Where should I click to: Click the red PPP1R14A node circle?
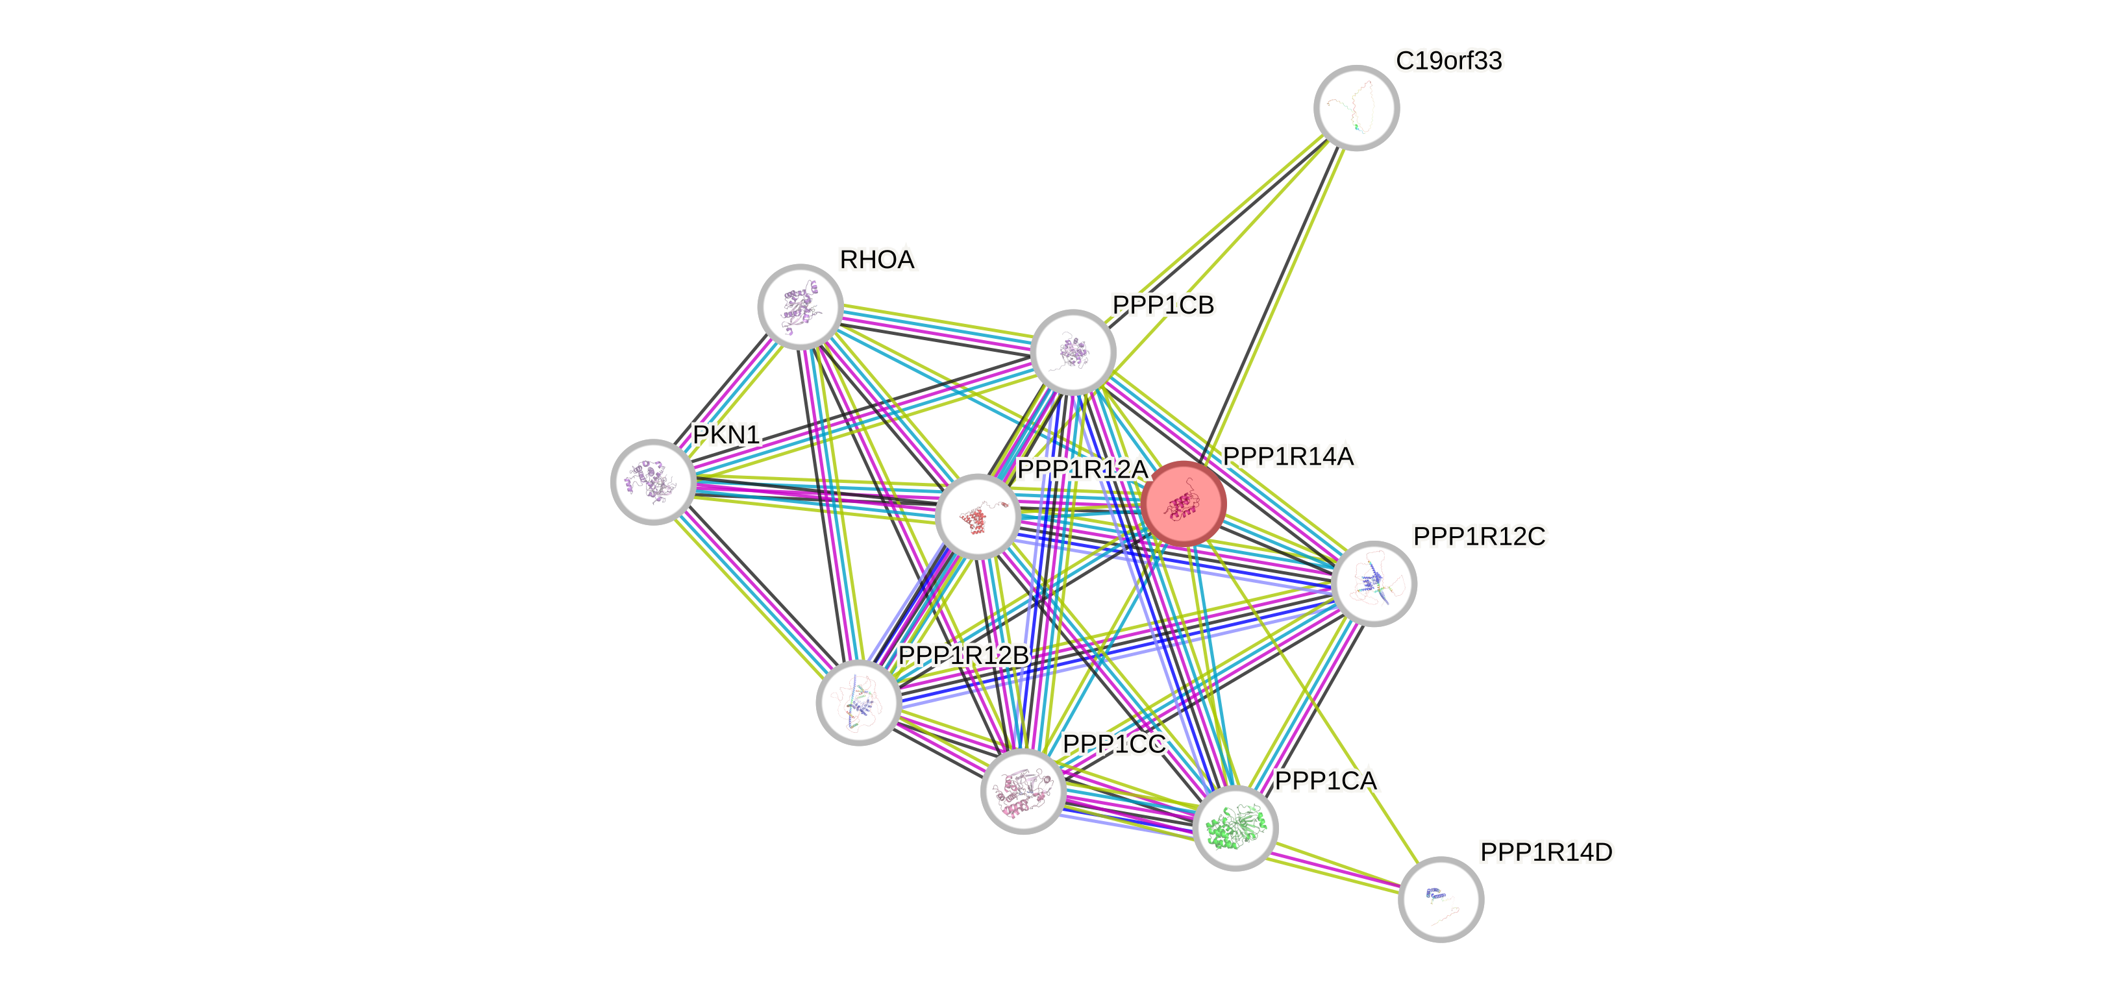tap(1184, 503)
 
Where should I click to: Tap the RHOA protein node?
tap(801, 306)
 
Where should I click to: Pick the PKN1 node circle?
tap(654, 482)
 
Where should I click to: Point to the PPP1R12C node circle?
tap(1374, 584)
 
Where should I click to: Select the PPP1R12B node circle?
tap(858, 702)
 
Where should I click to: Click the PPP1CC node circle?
tap(1023, 791)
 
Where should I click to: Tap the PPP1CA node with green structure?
tap(1235, 828)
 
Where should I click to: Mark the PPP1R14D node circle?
tap(1441, 899)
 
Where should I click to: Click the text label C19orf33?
tap(1448, 60)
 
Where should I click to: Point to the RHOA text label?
tap(877, 260)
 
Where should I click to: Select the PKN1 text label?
tap(726, 434)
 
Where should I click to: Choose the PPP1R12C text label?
tap(1480, 537)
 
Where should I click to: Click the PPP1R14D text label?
tap(1546, 853)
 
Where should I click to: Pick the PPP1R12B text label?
tap(963, 656)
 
